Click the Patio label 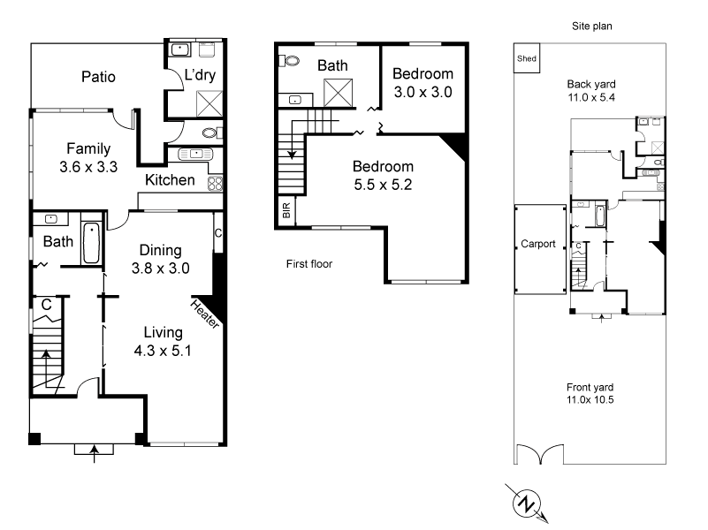(x=98, y=77)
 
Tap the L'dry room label (x=200, y=75)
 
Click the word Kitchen (x=170, y=180)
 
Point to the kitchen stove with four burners (x=214, y=184)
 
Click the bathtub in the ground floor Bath (x=91, y=243)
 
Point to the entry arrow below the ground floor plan (x=95, y=454)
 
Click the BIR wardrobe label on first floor (x=286, y=210)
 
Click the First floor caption (x=309, y=263)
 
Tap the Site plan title (x=591, y=26)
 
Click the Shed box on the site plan (x=527, y=59)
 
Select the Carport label (x=538, y=245)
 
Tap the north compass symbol (x=527, y=504)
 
